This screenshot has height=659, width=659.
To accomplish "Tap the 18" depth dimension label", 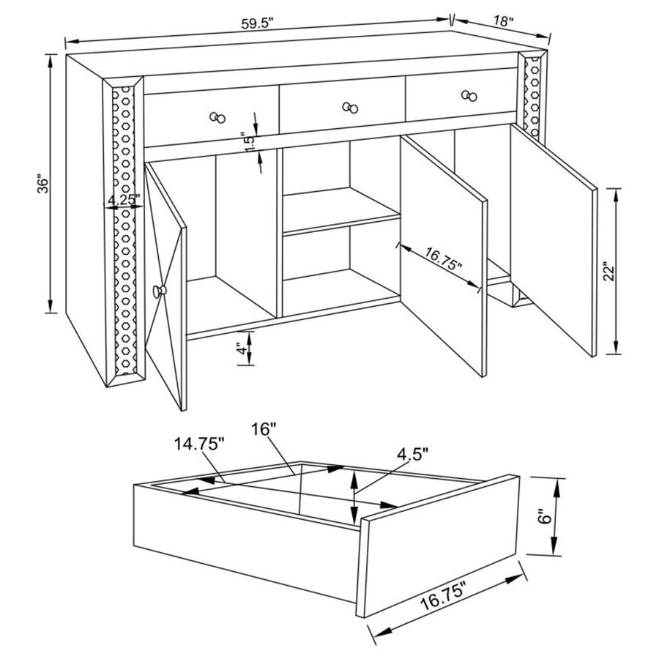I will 502,21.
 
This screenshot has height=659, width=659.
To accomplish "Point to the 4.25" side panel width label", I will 122,199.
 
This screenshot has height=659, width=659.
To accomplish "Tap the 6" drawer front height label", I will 543,517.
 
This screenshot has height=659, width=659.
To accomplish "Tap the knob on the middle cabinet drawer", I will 351,108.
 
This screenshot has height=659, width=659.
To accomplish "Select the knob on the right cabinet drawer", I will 469,95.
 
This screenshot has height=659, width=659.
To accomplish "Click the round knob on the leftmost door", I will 160,292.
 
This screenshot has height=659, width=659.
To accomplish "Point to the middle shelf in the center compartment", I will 341,217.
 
